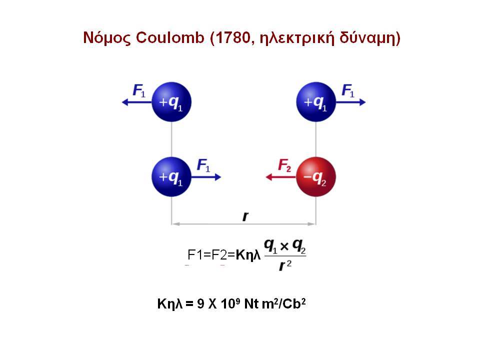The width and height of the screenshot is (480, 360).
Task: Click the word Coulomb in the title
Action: pyautogui.click(x=170, y=37)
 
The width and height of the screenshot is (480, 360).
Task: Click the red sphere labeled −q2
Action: pyautogui.click(x=316, y=176)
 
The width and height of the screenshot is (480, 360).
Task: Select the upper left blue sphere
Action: pyautogui.click(x=171, y=102)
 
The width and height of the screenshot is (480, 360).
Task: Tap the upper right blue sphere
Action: pyautogui.click(x=316, y=102)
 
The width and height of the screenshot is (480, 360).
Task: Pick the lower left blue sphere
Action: pyautogui.click(x=171, y=176)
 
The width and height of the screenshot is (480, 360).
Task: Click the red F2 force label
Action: pyautogui.click(x=284, y=165)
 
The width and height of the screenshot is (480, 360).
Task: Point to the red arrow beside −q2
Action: pyautogui.click(x=280, y=177)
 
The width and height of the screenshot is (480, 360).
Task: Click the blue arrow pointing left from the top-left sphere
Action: pyautogui.click(x=137, y=102)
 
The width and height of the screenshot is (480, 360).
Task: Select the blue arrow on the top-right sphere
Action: pyautogui.click(x=350, y=102)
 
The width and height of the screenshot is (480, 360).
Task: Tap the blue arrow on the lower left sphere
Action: pyautogui.click(x=206, y=177)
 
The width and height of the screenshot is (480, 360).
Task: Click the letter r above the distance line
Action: pyautogui.click(x=245, y=216)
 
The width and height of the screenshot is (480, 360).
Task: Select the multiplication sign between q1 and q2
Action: pyautogui.click(x=284, y=246)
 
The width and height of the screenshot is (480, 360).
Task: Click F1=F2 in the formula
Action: pyautogui.click(x=207, y=254)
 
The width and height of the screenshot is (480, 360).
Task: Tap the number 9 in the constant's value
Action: pyautogui.click(x=201, y=303)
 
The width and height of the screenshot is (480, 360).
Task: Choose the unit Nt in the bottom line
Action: pyautogui.click(x=251, y=303)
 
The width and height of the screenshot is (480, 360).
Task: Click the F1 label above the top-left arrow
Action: pyautogui.click(x=139, y=91)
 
